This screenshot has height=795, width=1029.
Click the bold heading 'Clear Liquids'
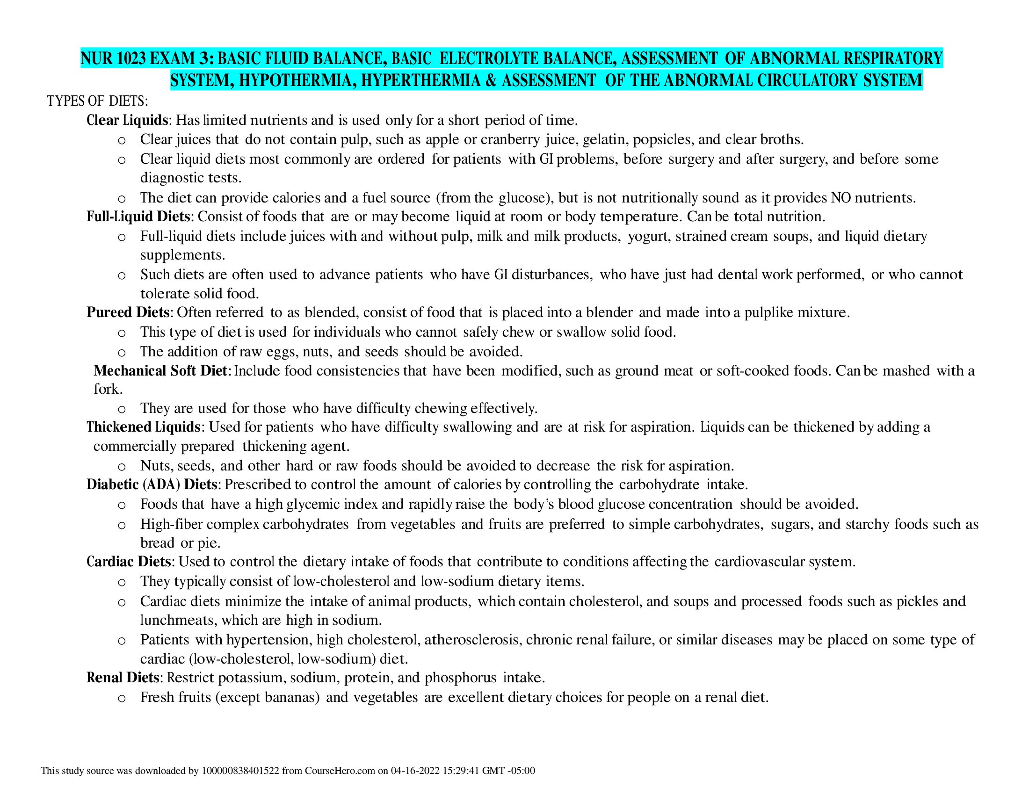tap(127, 121)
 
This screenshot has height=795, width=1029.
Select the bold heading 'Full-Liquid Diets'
tap(138, 217)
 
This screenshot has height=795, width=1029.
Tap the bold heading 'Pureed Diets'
tap(128, 313)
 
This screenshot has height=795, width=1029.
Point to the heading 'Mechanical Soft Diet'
tap(160, 371)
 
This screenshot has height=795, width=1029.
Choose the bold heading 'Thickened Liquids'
tap(144, 427)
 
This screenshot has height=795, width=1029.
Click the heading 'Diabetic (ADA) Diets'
tap(152, 484)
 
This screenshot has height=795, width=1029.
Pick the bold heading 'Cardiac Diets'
tap(128, 562)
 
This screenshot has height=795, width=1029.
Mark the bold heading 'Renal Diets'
tap(123, 678)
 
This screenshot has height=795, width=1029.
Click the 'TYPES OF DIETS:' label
tap(98, 101)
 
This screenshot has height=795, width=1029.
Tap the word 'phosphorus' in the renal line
tap(460, 678)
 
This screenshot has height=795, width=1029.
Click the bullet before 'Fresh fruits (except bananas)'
tap(122, 699)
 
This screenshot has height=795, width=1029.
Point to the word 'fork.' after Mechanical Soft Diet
tap(108, 390)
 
